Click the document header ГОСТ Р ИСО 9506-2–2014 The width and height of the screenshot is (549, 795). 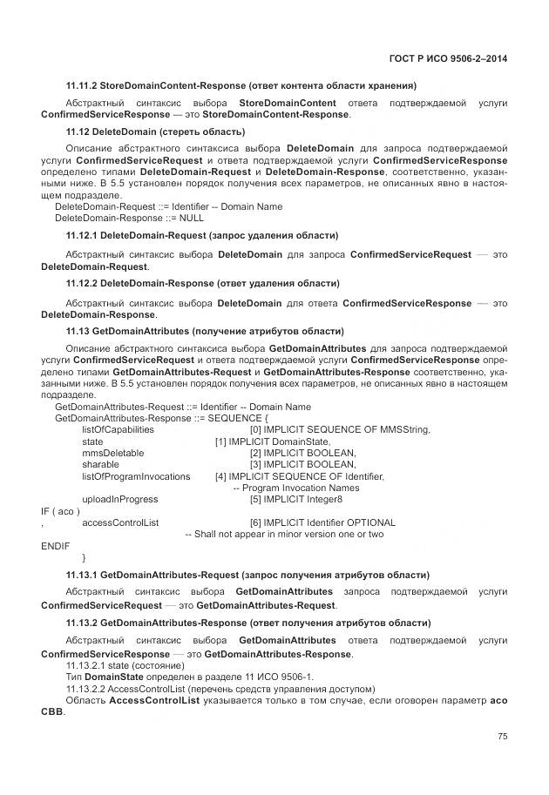pos(449,59)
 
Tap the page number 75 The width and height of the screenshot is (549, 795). pos(502,736)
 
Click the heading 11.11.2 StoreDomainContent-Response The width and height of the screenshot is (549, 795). pos(241,85)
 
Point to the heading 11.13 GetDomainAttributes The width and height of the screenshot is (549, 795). pos(205,331)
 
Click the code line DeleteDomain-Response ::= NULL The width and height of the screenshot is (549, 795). pos(129,219)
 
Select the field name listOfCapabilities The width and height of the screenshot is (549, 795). pos(118,429)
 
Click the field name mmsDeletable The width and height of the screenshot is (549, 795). pos(112,453)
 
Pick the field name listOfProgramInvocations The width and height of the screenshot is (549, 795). pos(136,476)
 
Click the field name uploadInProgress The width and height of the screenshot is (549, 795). pos(120,499)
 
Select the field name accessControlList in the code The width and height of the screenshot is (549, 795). pos(120,522)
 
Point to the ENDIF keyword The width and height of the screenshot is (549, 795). pos(55,545)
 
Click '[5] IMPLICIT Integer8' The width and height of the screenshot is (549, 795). pos(295,499)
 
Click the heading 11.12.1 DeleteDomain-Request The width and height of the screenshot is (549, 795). pos(202,236)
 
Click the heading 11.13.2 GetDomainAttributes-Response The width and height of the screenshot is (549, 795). pos(248,623)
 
